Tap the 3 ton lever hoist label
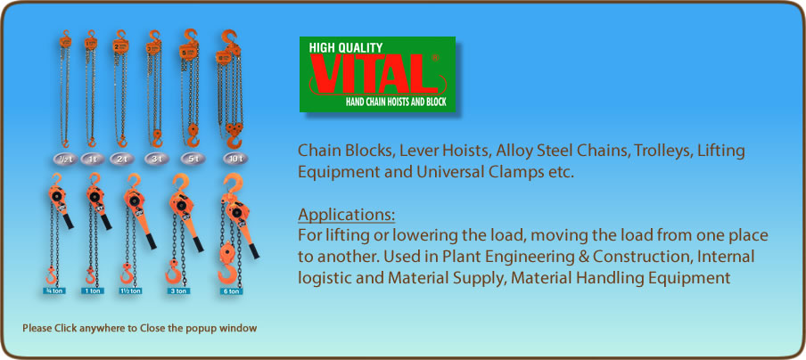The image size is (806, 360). click(177, 290)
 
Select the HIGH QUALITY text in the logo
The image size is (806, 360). click(345, 47)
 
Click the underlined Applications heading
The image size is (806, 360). click(346, 215)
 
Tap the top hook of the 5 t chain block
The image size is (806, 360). click(189, 38)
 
